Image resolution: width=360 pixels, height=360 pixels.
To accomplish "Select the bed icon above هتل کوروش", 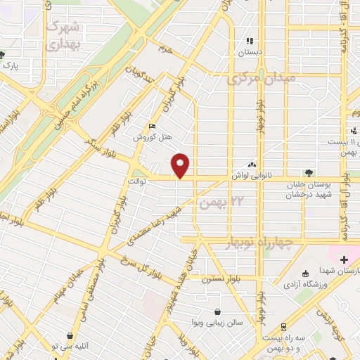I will (153, 127).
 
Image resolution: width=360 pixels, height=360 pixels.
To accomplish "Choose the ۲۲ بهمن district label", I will (215, 203).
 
